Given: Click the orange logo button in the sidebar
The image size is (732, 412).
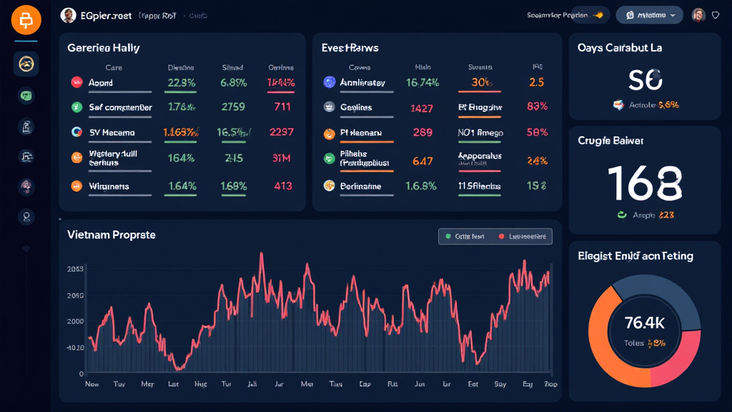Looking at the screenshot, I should [x=26, y=21].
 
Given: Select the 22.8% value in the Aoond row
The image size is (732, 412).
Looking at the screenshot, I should [x=181, y=82].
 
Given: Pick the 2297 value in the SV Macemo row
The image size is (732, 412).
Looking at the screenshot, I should [x=282, y=132].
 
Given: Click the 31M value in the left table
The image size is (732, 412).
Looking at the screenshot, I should [x=282, y=158].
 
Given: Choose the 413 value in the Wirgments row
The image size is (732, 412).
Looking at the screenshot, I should [x=282, y=186].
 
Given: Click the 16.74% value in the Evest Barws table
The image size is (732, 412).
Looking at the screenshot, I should [x=422, y=82].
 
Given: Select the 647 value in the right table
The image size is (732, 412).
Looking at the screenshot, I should [x=422, y=161].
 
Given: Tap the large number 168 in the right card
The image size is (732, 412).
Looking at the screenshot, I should [x=644, y=183].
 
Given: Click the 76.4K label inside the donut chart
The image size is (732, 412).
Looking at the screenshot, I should [x=645, y=322].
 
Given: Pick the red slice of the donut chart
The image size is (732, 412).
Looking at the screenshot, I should [x=683, y=358].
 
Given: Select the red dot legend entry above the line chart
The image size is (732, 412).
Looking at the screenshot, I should [x=523, y=236].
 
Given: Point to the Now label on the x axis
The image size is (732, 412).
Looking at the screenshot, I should [x=91, y=384].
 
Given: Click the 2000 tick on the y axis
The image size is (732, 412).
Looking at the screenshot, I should [x=75, y=321].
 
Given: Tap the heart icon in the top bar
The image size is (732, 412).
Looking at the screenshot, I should [x=716, y=15].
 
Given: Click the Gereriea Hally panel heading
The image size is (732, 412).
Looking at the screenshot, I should [x=103, y=48].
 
